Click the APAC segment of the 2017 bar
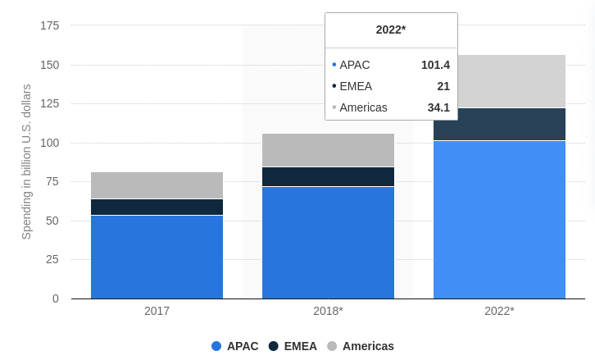click(157, 257)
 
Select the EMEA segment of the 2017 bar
click(157, 207)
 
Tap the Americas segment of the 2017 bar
click(157, 185)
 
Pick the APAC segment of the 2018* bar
click(328, 243)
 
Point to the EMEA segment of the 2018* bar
click(328, 177)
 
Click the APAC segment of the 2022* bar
click(499, 220)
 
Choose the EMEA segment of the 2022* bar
click(499, 125)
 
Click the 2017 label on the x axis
click(157, 312)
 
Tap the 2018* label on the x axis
click(328, 312)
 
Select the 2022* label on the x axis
click(499, 312)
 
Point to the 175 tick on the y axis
click(49, 25)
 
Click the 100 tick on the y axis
click(49, 143)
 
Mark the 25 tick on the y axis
click(52, 259)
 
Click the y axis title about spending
click(26, 162)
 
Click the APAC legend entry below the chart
click(234, 346)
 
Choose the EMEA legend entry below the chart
click(293, 346)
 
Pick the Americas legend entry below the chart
click(361, 346)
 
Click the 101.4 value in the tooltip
click(435, 65)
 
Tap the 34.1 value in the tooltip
click(438, 107)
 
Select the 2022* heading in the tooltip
click(391, 30)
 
